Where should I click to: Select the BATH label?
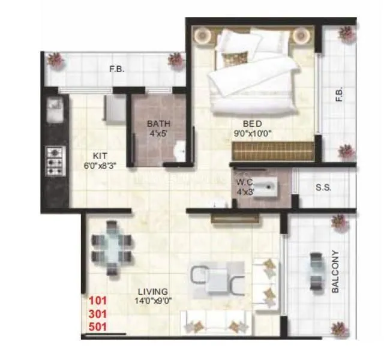[x=159, y=124]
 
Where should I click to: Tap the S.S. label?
[x=323, y=187]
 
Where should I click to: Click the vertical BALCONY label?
[x=335, y=271]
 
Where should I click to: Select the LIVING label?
[x=152, y=292]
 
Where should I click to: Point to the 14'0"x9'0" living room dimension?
[x=153, y=302]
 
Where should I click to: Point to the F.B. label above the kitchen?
[x=116, y=69]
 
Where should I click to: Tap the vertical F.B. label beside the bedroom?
[x=338, y=95]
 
